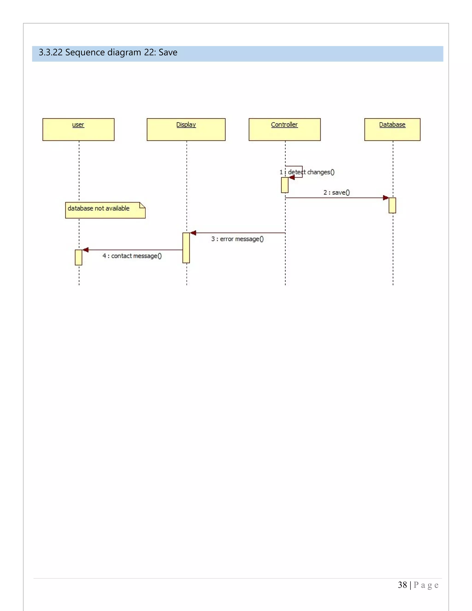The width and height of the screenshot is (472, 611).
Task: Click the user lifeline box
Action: (x=78, y=130)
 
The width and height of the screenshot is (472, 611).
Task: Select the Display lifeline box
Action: (x=186, y=130)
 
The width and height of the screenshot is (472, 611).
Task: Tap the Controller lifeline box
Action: (x=284, y=130)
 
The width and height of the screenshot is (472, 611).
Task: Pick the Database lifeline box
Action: (x=392, y=130)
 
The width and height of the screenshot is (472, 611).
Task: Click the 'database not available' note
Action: (x=105, y=210)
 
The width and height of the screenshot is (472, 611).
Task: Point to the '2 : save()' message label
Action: (x=336, y=193)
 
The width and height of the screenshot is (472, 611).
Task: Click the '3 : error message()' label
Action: (x=237, y=239)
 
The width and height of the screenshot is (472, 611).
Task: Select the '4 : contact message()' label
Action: (x=132, y=256)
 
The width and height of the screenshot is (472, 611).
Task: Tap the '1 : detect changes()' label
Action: (x=307, y=172)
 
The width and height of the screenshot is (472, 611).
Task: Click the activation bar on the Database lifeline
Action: (x=392, y=205)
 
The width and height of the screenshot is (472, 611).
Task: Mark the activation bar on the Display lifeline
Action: (x=186, y=248)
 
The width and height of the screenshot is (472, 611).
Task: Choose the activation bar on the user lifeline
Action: (x=78, y=257)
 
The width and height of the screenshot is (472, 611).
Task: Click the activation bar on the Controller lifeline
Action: (x=284, y=185)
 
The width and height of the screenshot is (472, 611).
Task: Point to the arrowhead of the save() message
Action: (x=386, y=198)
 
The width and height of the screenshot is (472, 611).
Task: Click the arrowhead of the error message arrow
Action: (x=193, y=233)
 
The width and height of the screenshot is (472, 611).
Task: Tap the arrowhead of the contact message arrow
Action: (x=86, y=250)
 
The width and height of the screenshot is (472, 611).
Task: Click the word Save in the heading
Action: (x=168, y=52)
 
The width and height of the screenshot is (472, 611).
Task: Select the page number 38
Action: (x=402, y=585)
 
